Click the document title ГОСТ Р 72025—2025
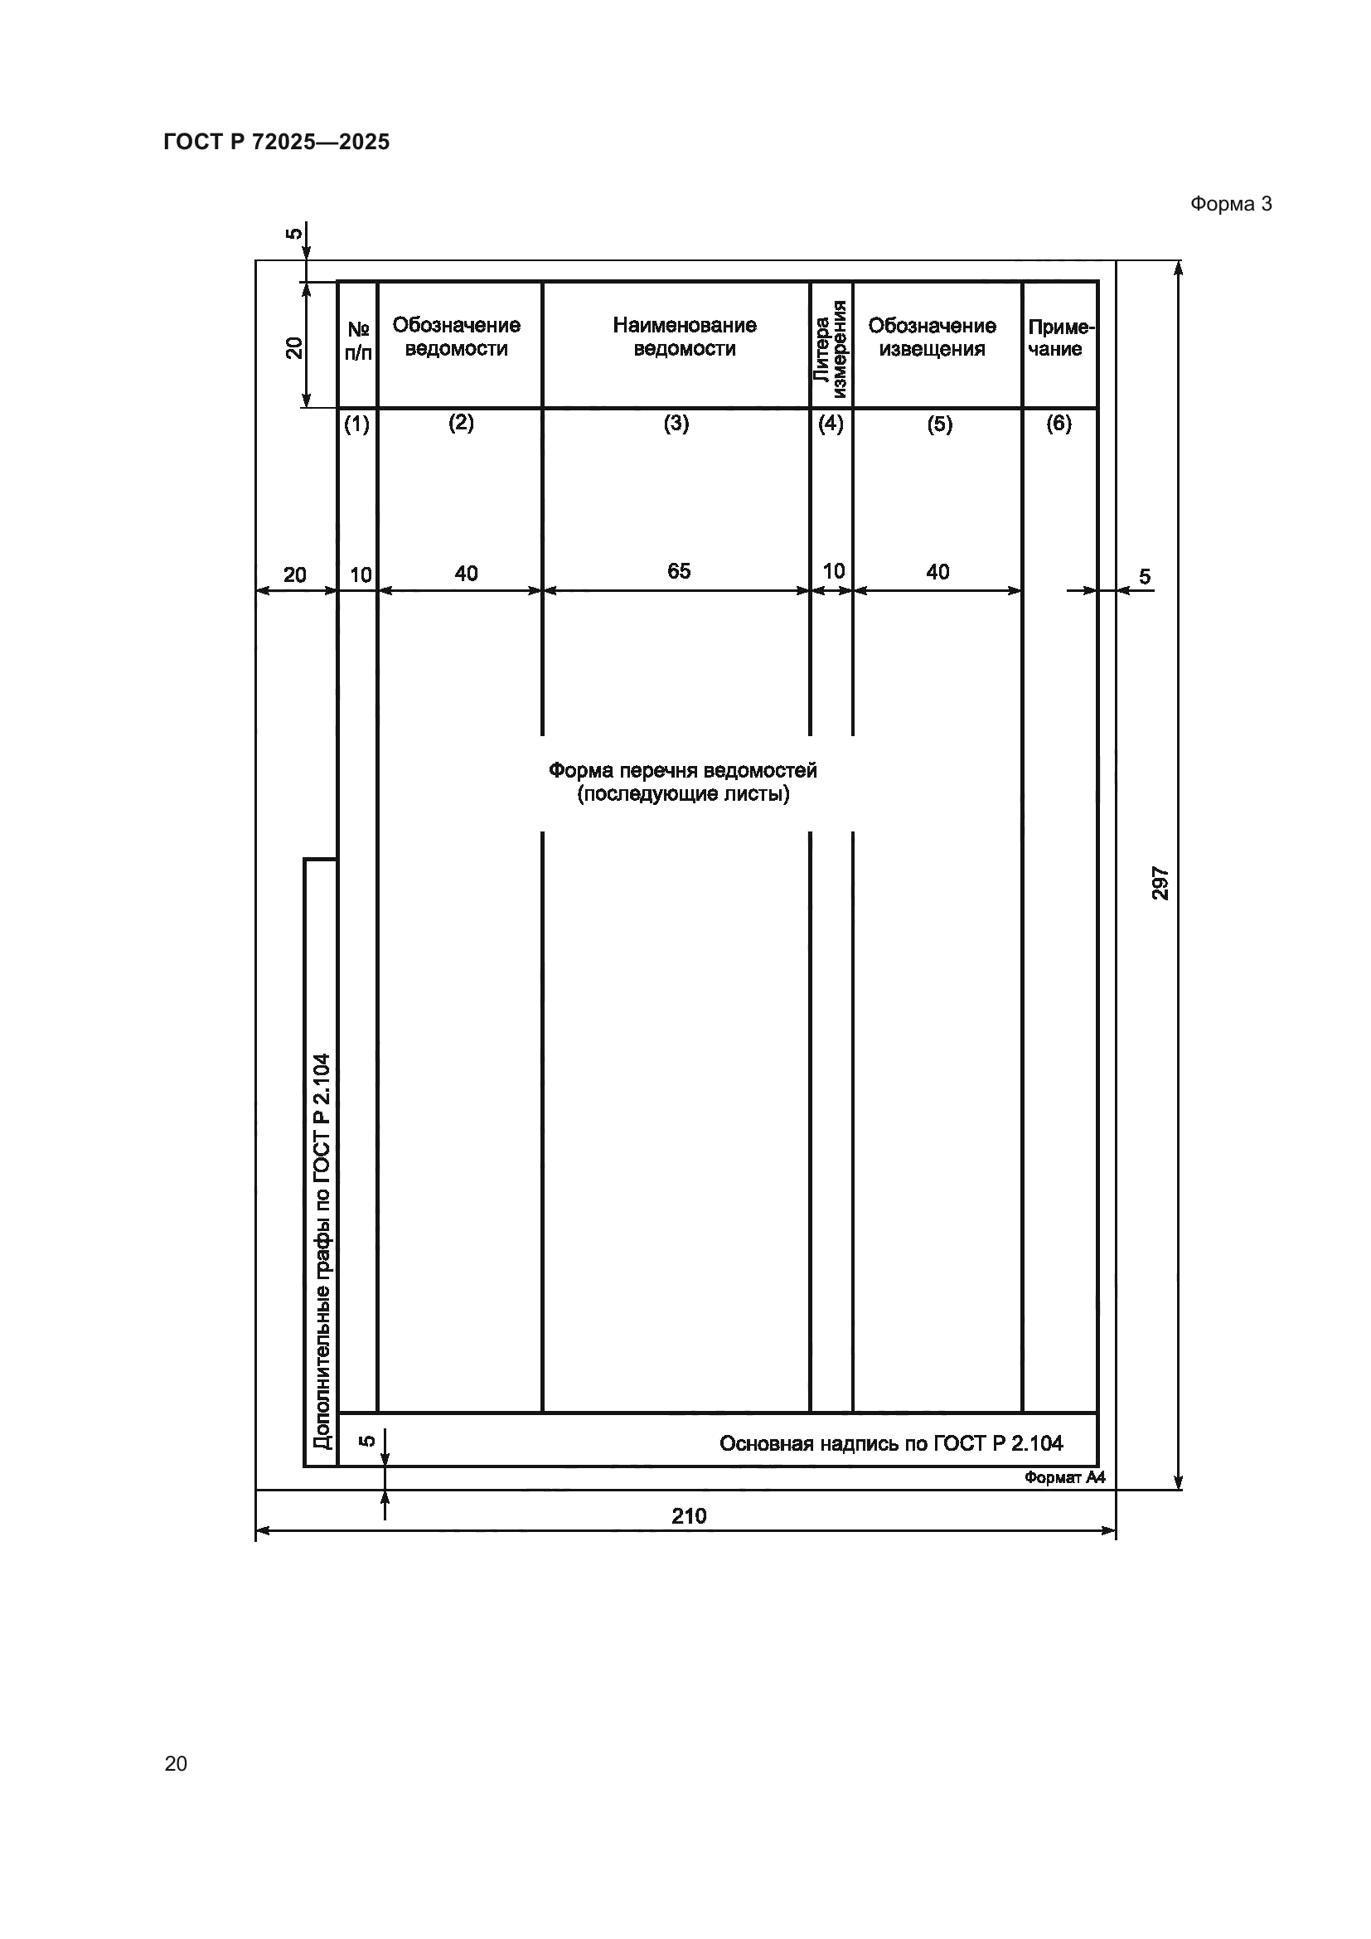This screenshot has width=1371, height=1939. tap(276, 142)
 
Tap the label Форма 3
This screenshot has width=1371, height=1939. tap(1230, 204)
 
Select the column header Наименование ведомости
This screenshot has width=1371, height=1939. tap(684, 337)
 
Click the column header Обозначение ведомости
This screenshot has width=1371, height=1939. tap(456, 337)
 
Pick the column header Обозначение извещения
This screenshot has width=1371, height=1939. tap(931, 337)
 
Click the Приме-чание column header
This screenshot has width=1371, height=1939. tap(1059, 337)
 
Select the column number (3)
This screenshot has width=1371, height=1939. tap(676, 423)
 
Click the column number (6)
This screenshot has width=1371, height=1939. tap(1059, 423)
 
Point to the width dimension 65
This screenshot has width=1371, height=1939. tap(679, 572)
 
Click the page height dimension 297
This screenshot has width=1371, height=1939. tap(1160, 883)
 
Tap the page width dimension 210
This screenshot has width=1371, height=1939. tap(689, 1516)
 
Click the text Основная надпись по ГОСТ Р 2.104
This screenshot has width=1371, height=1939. tap(890, 1443)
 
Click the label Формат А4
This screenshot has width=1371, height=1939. tap(1063, 1477)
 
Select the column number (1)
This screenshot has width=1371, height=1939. tap(356, 424)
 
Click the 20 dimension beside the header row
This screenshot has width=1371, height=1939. tap(293, 347)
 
